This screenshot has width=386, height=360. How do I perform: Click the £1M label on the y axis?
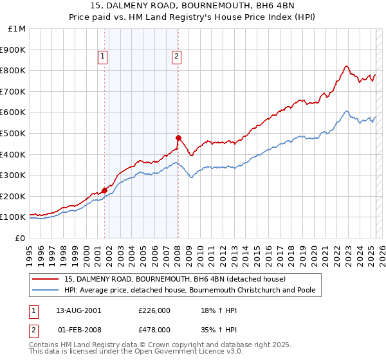click(x=17, y=28)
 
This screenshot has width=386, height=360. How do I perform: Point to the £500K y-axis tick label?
click(x=14, y=133)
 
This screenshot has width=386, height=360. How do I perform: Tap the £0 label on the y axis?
click(x=21, y=238)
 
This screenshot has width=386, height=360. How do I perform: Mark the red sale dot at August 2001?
click(x=104, y=190)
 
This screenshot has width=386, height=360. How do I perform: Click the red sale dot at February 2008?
click(x=178, y=138)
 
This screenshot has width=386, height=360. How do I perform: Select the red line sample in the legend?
click(x=45, y=280)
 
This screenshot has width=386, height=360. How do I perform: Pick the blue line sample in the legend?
click(x=45, y=291)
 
